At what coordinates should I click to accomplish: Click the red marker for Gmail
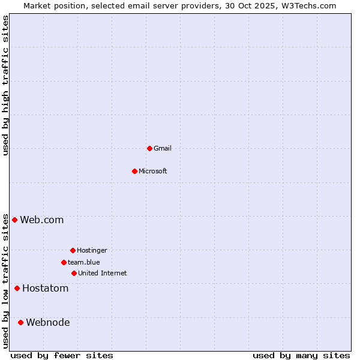pos(149,148)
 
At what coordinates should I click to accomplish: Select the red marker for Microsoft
pos(134,171)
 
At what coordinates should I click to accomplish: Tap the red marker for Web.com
pos(14,220)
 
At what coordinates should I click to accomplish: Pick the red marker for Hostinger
pos(73,250)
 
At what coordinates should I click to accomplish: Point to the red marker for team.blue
pos(64,262)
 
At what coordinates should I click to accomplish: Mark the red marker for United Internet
pos(74,273)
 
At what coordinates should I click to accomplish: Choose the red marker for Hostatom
pos(17,288)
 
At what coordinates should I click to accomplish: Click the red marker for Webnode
pos(20,322)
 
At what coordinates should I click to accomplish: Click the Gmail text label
pos(163,148)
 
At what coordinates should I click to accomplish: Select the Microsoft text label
pos(153,171)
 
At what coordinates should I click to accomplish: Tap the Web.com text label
pos(42,220)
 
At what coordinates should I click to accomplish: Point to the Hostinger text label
pos(92,250)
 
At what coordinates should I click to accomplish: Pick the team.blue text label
pos(84,262)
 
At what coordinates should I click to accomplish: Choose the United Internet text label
pos(103,273)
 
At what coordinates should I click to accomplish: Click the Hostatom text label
pos(46,288)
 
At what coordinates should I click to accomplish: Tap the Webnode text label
pos(48,322)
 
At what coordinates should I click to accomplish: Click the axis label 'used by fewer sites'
pos(62,355)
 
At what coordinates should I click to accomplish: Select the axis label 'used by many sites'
pos(301,355)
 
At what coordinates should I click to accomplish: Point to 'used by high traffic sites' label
pos(5,85)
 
